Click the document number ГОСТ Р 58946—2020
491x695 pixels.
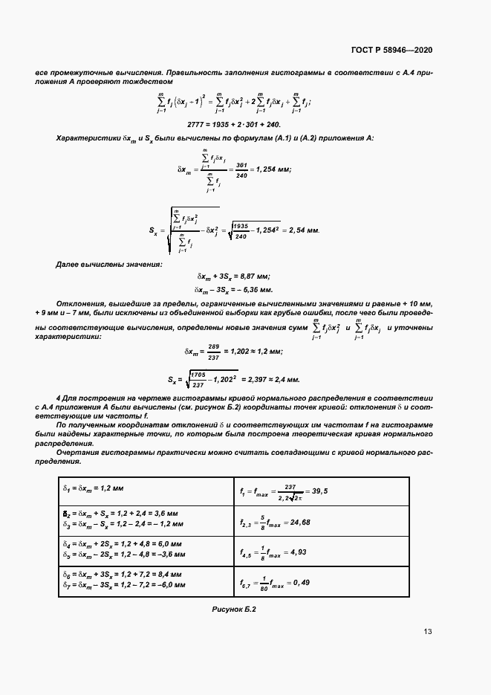[x=391, y=50]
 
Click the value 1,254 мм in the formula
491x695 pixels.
[x=272, y=169]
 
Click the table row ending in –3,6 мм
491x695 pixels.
[x=124, y=555]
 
